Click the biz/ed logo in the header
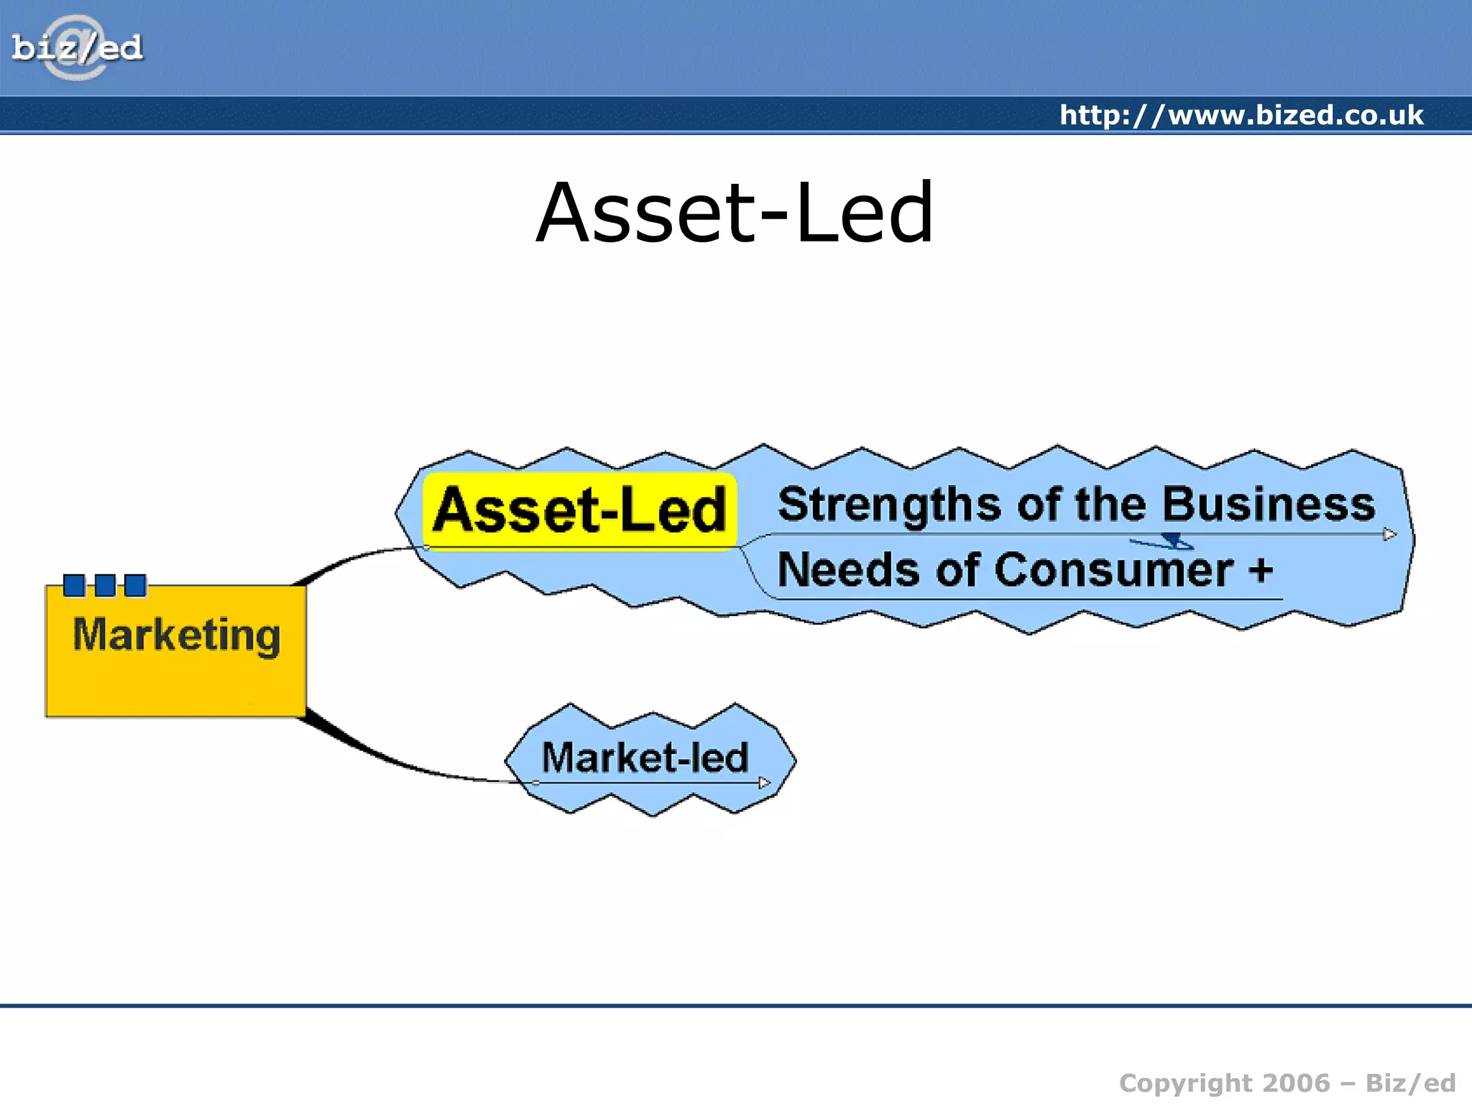coord(77,47)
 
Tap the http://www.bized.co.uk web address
coord(1241,115)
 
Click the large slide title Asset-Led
coord(735,213)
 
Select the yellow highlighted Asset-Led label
coord(579,510)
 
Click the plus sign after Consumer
coord(1260,571)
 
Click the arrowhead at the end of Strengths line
coord(1389,534)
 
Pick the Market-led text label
coord(645,757)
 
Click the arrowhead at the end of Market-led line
coord(764,783)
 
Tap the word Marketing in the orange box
coord(176,635)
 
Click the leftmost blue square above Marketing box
coord(74,585)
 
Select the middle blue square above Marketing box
coord(105,585)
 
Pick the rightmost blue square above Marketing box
coord(135,585)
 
